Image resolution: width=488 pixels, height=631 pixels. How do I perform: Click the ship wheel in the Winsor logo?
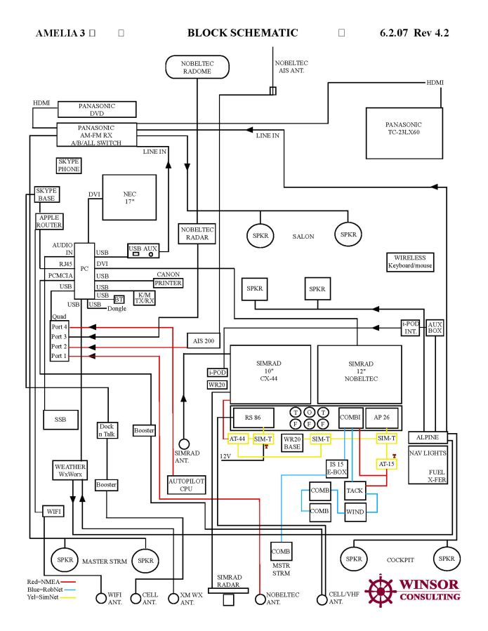[x=381, y=590]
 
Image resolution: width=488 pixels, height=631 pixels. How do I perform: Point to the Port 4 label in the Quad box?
[x=59, y=327]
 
